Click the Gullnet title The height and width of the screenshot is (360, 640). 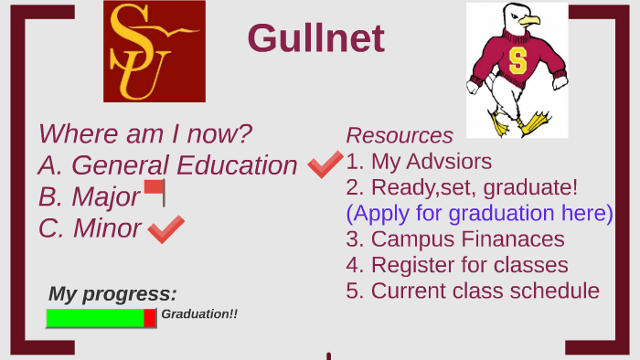pos(315,38)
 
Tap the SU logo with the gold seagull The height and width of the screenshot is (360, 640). pos(154,51)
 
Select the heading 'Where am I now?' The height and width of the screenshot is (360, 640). pos(145,134)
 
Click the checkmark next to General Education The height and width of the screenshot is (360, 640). pos(325,164)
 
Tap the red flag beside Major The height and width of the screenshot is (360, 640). pos(155,192)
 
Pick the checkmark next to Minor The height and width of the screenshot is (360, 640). pos(165,228)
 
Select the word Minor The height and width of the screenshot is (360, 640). pos(107,228)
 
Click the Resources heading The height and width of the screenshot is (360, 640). pos(400,135)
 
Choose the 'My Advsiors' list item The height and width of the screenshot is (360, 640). pos(419,162)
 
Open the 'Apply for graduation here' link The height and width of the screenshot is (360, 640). pos(479,213)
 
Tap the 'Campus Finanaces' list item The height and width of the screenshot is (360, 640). pos(454,239)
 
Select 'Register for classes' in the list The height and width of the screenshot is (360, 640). pos(457,265)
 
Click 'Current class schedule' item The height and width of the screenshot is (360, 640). pos(473,291)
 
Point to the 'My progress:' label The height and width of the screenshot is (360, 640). pos(112,294)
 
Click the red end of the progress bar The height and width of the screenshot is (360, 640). pos(150,318)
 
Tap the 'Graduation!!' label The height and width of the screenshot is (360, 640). pos(199,314)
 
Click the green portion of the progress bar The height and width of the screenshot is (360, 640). pos(95,318)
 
